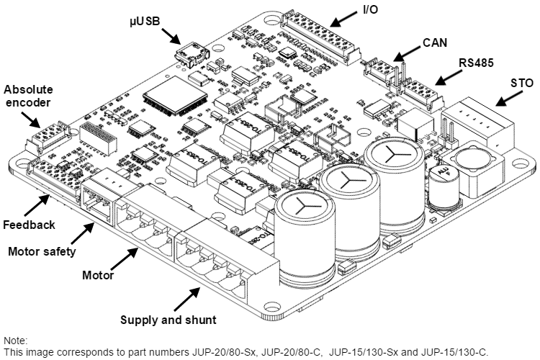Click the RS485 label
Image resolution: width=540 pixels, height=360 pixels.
click(476, 63)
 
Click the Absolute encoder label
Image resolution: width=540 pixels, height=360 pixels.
click(28, 96)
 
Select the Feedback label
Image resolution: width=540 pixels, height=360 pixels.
click(28, 225)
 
